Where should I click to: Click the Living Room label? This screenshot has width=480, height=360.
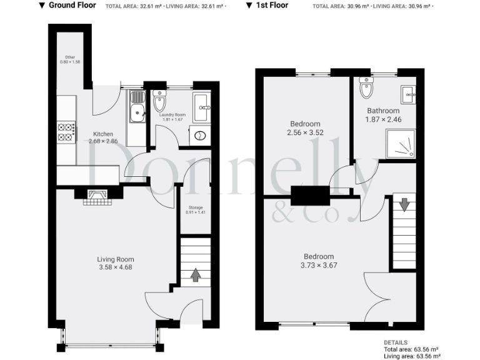(x=115, y=259)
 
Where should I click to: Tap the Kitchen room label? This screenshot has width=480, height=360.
(x=103, y=134)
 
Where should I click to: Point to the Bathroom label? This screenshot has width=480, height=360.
(x=382, y=111)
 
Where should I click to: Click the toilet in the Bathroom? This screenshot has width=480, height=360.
(x=366, y=89)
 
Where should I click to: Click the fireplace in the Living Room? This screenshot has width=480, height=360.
(x=96, y=197)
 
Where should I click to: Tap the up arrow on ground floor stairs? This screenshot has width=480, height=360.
(x=196, y=274)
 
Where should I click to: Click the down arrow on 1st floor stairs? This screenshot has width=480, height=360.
(x=404, y=204)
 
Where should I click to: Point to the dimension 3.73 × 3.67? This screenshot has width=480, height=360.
(x=319, y=266)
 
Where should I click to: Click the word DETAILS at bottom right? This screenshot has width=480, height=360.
(x=396, y=342)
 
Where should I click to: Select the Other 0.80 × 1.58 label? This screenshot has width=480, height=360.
(x=70, y=60)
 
